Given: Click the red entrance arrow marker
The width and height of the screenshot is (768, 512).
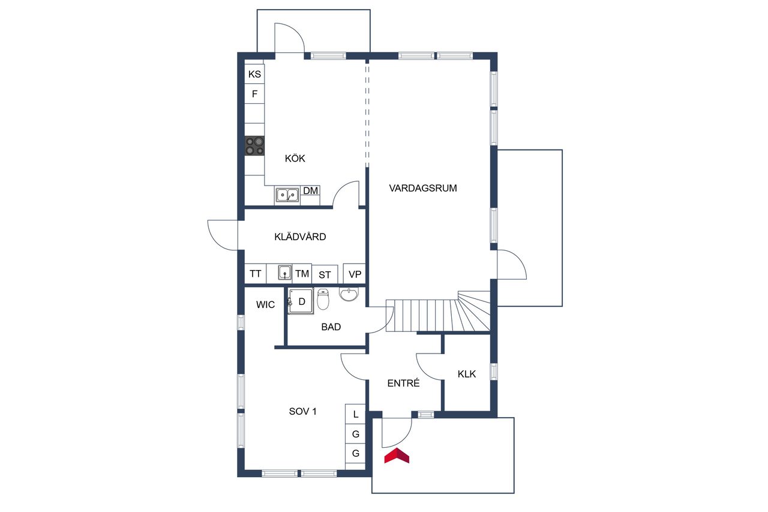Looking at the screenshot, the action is click(x=397, y=456).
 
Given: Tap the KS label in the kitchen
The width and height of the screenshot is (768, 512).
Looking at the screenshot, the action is click(x=254, y=74).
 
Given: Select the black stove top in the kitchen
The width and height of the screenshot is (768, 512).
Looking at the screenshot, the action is click(x=254, y=145).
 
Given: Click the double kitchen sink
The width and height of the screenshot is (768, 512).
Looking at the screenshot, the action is click(x=287, y=195).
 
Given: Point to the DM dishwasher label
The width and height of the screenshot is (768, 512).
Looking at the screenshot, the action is click(x=311, y=191).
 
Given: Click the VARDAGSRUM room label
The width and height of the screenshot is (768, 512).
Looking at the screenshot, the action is click(x=423, y=188).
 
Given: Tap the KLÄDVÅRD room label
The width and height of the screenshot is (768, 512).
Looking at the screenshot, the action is click(x=300, y=236).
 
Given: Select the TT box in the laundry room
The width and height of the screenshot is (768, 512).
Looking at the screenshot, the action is click(x=256, y=274).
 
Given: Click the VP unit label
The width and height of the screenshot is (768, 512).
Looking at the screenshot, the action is click(x=355, y=274).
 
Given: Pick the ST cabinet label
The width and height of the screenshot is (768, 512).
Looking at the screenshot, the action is click(x=325, y=275).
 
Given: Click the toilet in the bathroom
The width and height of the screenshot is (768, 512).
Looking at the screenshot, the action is click(x=323, y=299).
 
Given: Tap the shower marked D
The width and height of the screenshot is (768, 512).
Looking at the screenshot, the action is click(x=301, y=301).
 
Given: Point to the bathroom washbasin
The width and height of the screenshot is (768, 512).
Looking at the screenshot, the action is click(x=349, y=294).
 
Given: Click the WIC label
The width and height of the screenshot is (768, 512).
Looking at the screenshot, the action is click(x=265, y=304).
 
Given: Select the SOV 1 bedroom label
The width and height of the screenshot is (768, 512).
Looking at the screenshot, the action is click(x=303, y=411).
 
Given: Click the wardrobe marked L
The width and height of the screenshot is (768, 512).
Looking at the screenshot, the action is click(x=355, y=414).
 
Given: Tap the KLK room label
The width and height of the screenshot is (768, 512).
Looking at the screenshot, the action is click(x=467, y=374).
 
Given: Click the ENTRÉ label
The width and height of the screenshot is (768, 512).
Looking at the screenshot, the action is click(x=404, y=383).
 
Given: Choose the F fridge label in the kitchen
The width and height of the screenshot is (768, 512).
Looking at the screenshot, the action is click(x=254, y=94).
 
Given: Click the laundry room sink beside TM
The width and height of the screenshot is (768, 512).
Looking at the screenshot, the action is click(x=284, y=273).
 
